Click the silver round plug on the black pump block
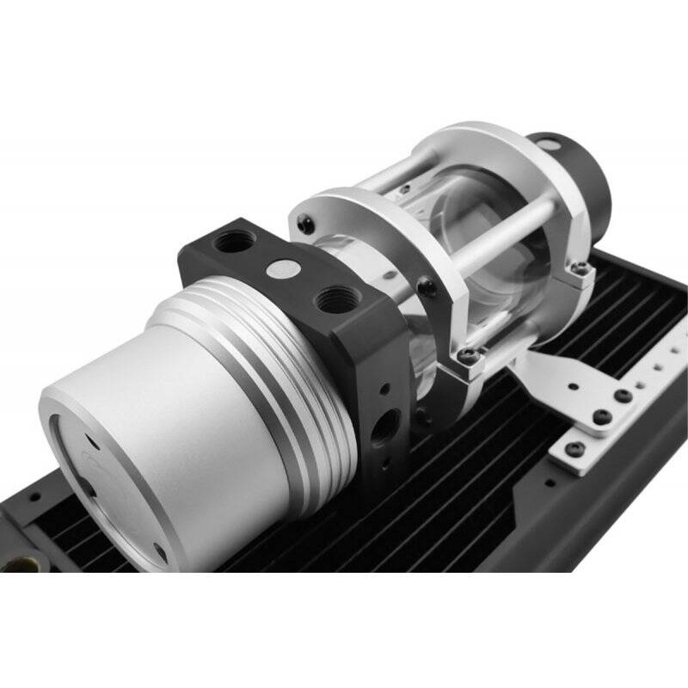point(278,269)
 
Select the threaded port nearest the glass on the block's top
point(329,300)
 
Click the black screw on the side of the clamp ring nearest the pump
point(427,288)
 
